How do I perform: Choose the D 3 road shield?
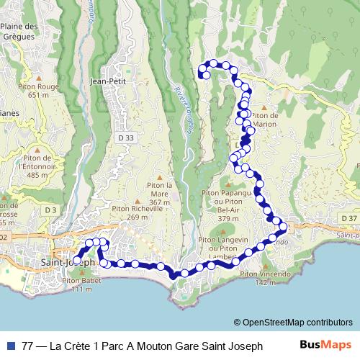50,210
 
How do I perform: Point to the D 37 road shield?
349,218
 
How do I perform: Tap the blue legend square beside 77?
10,346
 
